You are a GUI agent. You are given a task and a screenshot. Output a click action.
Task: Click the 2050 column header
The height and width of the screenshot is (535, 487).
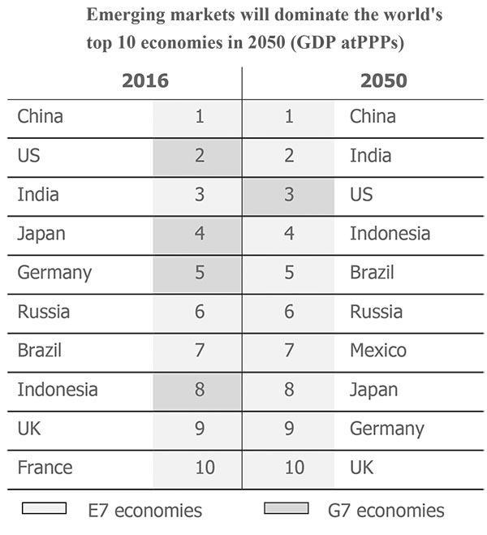pyautogui.click(x=383, y=80)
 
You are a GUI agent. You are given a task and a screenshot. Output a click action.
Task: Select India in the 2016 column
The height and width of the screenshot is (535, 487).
pyautogui.click(x=38, y=195)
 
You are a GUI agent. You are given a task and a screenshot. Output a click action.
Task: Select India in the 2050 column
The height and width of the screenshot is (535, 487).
pyautogui.click(x=370, y=156)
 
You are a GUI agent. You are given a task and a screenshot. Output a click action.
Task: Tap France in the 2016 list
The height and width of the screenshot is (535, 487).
pyautogui.click(x=45, y=468)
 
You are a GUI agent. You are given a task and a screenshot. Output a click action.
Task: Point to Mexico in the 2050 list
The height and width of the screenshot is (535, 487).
pyautogui.click(x=378, y=351)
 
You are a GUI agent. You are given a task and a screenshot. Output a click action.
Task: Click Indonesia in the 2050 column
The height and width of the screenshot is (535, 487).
pyautogui.click(x=390, y=234)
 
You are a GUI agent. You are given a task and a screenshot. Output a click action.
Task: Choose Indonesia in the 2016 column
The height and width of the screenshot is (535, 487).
pyautogui.click(x=57, y=390)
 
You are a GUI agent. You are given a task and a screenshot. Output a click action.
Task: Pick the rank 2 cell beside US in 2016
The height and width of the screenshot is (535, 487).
pyautogui.click(x=200, y=156)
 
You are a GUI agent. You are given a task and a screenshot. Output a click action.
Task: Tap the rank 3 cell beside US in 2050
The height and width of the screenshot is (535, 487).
pyautogui.click(x=289, y=195)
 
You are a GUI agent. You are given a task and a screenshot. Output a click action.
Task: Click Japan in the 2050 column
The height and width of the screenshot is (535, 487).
pyautogui.click(x=373, y=390)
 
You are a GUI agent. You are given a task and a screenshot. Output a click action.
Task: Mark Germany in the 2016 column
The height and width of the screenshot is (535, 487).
pyautogui.click(x=54, y=273)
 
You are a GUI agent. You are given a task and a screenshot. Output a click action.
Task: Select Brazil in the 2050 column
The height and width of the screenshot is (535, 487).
pyautogui.click(x=372, y=273)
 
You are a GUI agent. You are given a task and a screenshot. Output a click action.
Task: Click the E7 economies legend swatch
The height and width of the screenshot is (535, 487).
pyautogui.click(x=44, y=509)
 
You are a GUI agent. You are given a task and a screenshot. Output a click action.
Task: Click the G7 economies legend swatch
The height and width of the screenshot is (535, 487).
pyautogui.click(x=287, y=509)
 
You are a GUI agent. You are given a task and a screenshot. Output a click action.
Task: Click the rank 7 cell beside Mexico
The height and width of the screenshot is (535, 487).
pyautogui.click(x=289, y=351)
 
